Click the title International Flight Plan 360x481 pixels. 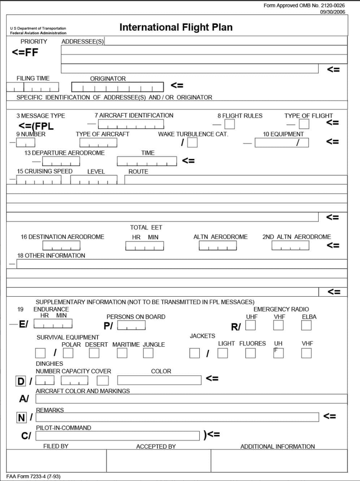click(x=176, y=27)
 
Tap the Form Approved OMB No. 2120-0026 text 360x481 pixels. click(x=304, y=5)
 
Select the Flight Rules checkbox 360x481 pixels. click(x=229, y=124)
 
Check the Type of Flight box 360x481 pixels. click(x=304, y=124)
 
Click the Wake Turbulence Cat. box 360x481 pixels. click(x=192, y=143)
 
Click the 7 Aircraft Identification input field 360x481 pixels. click(x=131, y=124)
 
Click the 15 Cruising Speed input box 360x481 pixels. click(x=38, y=180)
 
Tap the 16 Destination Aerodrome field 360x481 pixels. click(x=61, y=246)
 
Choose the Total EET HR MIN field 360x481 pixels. click(x=144, y=246)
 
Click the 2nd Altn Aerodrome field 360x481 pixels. click(x=290, y=246)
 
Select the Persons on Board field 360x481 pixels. click(x=131, y=325)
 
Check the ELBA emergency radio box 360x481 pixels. click(x=306, y=325)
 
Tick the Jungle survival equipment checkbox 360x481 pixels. click(x=148, y=353)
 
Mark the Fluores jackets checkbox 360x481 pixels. click(x=251, y=353)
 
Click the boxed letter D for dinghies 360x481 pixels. click(x=21, y=382)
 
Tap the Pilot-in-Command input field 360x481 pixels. click(x=117, y=435)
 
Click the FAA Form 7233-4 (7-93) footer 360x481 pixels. click(x=33, y=477)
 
